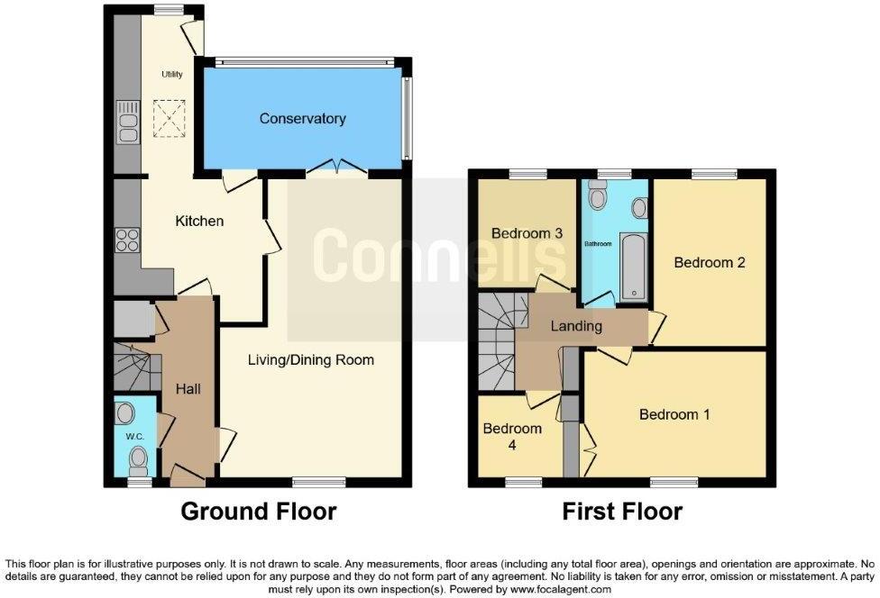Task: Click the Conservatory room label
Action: pyautogui.click(x=302, y=119)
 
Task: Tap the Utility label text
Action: pyautogui.click(x=172, y=75)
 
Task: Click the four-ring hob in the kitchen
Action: pyautogui.click(x=127, y=240)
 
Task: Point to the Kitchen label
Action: pyautogui.click(x=199, y=221)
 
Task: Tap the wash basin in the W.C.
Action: pyautogui.click(x=126, y=413)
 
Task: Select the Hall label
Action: pyautogui.click(x=188, y=389)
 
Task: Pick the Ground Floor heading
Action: pyautogui.click(x=259, y=512)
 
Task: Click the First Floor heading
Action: pyautogui.click(x=622, y=512)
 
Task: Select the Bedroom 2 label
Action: pyautogui.click(x=710, y=263)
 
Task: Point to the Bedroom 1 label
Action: pyautogui.click(x=674, y=414)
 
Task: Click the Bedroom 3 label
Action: pyautogui.click(x=527, y=233)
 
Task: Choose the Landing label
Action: pyautogui.click(x=576, y=326)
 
